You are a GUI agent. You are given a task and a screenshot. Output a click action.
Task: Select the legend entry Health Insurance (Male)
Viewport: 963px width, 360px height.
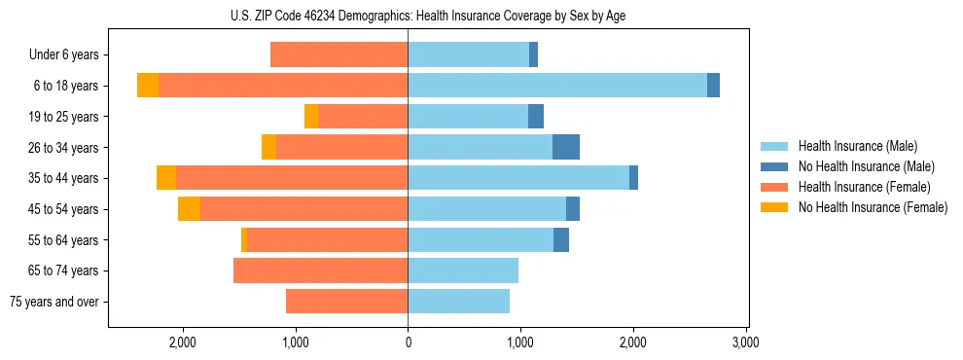pos(857,146)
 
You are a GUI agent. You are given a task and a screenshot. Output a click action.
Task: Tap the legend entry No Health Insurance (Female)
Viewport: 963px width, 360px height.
pos(873,207)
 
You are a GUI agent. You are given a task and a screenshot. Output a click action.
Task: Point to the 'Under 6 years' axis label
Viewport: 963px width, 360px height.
pos(63,55)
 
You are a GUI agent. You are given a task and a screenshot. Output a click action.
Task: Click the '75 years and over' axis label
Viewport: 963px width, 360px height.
pos(54,302)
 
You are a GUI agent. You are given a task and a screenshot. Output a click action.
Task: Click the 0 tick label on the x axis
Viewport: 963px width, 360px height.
pos(408,342)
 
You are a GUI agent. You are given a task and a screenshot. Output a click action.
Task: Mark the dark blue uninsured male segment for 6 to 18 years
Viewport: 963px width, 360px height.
pos(713,86)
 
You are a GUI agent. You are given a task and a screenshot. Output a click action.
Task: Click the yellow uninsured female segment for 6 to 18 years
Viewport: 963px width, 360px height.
pos(148,86)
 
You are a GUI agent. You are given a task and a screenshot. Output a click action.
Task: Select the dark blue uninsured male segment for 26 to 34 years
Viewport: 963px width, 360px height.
pos(566,147)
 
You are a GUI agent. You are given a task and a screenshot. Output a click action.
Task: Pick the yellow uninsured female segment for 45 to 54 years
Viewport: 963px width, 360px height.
pos(189,208)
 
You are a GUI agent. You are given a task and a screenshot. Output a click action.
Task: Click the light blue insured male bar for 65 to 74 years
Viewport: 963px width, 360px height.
pos(463,270)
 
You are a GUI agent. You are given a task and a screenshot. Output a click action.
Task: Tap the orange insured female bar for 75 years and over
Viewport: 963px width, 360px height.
pos(346,302)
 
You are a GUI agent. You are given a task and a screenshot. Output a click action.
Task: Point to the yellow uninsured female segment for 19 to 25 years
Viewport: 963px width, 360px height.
pos(311,117)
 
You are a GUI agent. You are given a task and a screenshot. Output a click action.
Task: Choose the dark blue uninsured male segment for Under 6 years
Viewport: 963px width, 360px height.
pos(533,55)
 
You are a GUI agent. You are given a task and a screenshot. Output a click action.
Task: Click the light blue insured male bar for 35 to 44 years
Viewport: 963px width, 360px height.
pos(518,178)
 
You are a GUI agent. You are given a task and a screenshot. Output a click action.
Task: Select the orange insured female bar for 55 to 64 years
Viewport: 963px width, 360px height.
pos(327,239)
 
